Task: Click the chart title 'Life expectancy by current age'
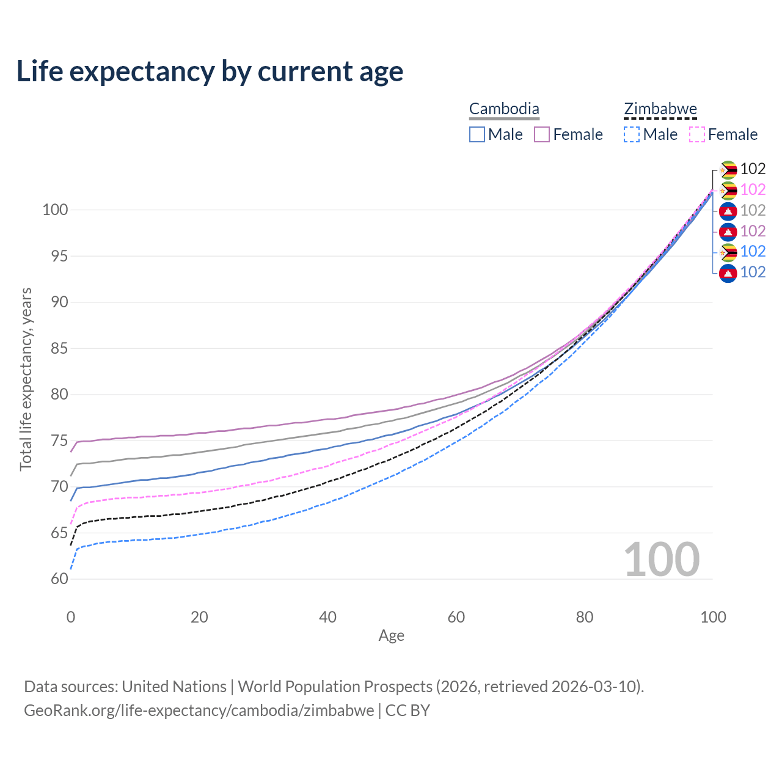(x=210, y=71)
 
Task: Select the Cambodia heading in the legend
(x=504, y=109)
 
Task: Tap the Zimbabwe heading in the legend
(x=660, y=109)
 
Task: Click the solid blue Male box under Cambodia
(x=477, y=134)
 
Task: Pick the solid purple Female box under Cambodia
(x=542, y=134)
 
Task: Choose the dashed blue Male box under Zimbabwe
(x=632, y=134)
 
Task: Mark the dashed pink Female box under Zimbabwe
(x=697, y=134)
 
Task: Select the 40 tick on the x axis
(x=328, y=617)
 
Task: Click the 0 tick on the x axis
(x=71, y=617)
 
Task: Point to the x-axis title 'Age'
(x=391, y=636)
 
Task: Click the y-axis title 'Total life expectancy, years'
(x=26, y=379)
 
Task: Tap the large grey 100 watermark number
(x=662, y=560)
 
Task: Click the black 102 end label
(x=753, y=169)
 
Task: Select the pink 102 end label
(x=753, y=189)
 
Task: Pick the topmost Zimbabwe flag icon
(x=728, y=169)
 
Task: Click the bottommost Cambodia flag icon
(x=728, y=272)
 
